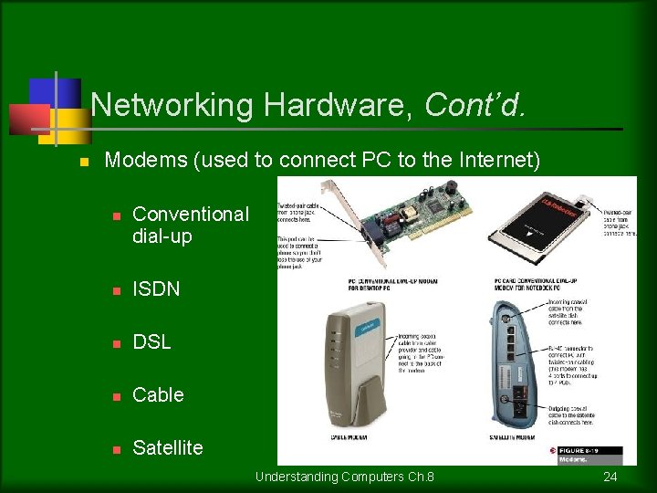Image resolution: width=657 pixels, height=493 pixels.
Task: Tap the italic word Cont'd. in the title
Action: click(474, 105)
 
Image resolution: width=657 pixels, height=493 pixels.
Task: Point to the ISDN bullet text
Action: click(156, 288)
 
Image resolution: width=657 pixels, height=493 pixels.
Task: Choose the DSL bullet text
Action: click(151, 341)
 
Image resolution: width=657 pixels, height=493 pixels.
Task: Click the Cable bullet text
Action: click(158, 394)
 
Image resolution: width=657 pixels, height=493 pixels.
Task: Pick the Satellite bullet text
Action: click(168, 447)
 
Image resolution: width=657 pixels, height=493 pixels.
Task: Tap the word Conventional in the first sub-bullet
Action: click(190, 214)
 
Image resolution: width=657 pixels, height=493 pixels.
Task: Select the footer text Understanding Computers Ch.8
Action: click(344, 477)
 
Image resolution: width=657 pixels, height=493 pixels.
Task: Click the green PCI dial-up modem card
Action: click(411, 228)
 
